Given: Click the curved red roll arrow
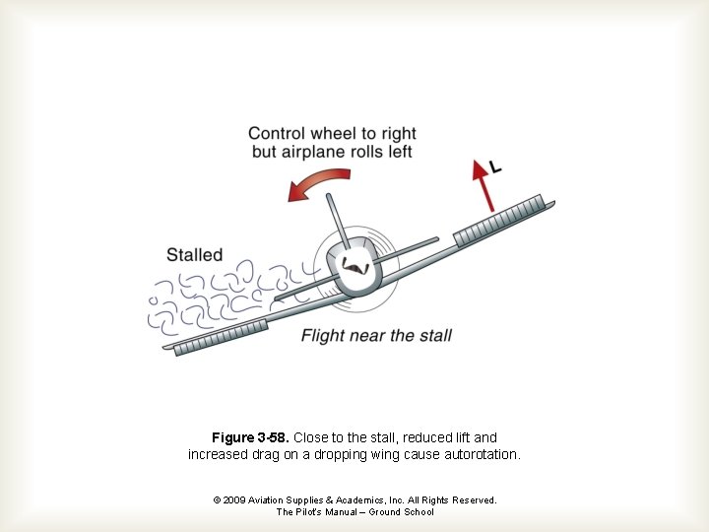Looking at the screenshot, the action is [x=320, y=182].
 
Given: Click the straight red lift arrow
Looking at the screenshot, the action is [x=484, y=186].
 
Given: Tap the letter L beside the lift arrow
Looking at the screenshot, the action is [x=495, y=168].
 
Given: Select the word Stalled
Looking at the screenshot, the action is [x=195, y=255].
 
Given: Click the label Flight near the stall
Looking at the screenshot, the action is [x=376, y=335].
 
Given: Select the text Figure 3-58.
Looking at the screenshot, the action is [x=250, y=437].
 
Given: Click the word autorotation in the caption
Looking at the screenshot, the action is [x=483, y=455].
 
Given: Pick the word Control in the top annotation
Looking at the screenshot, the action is [x=277, y=134].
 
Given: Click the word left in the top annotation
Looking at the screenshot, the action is [x=398, y=152].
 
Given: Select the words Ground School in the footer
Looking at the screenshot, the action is [x=402, y=512].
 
